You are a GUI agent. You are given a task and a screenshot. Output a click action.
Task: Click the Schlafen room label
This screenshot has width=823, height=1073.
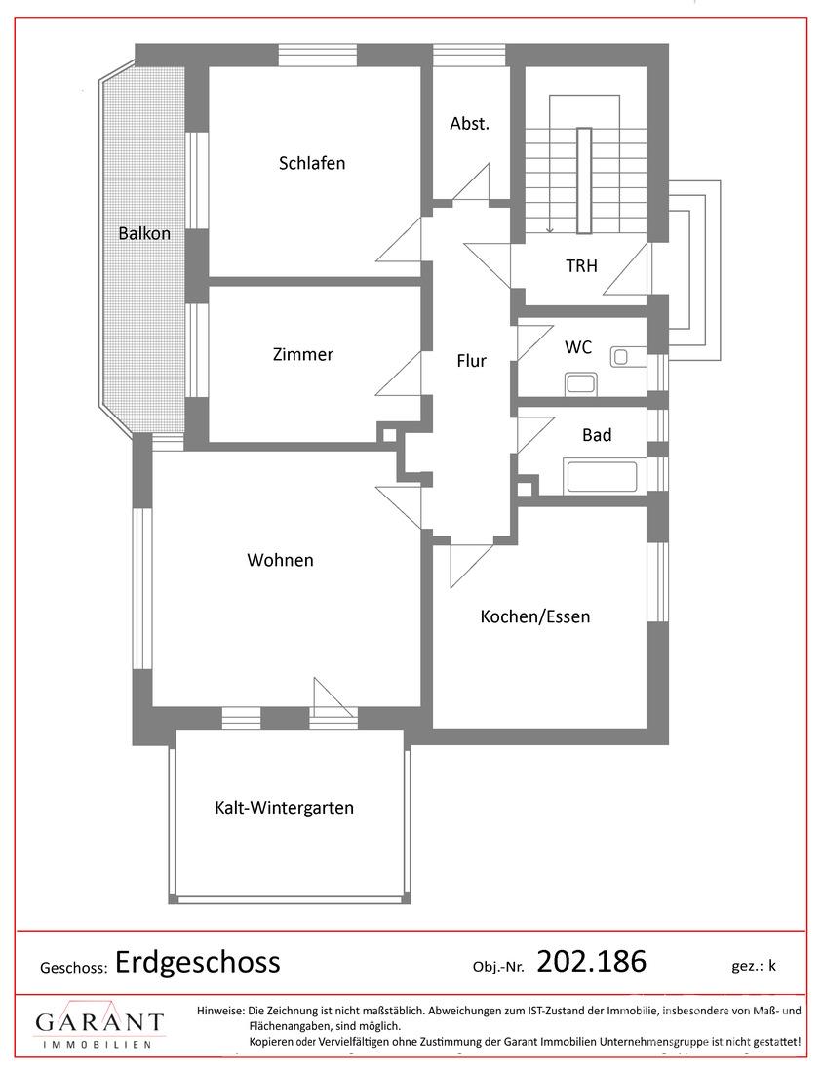click(312, 163)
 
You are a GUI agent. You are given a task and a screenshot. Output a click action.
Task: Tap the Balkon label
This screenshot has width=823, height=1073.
click(144, 233)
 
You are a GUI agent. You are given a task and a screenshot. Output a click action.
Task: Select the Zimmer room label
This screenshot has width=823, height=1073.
click(303, 354)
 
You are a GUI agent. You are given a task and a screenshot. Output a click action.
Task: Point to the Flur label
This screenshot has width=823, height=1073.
click(471, 361)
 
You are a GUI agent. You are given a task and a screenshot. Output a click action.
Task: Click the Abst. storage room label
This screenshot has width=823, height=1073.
click(469, 124)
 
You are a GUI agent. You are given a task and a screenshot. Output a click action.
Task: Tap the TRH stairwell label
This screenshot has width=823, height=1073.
click(581, 265)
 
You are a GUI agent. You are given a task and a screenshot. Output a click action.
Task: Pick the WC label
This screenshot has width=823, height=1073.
click(578, 347)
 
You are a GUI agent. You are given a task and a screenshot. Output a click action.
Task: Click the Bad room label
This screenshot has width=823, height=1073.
click(597, 435)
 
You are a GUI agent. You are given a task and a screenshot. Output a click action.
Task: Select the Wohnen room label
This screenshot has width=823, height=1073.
click(281, 560)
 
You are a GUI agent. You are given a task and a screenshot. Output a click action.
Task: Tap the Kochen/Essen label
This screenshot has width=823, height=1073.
click(535, 616)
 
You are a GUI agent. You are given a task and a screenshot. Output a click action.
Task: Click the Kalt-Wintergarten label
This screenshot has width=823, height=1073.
click(284, 808)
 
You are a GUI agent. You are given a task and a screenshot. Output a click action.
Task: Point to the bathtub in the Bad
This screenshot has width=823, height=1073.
click(600, 477)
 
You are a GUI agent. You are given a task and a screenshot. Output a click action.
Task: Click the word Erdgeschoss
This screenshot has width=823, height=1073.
click(198, 962)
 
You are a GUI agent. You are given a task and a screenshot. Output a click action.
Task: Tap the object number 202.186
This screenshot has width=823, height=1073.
click(592, 962)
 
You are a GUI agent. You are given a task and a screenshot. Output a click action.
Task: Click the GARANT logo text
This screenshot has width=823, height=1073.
click(99, 1023)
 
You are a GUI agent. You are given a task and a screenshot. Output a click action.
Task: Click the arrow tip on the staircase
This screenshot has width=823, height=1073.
click(550, 232)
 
